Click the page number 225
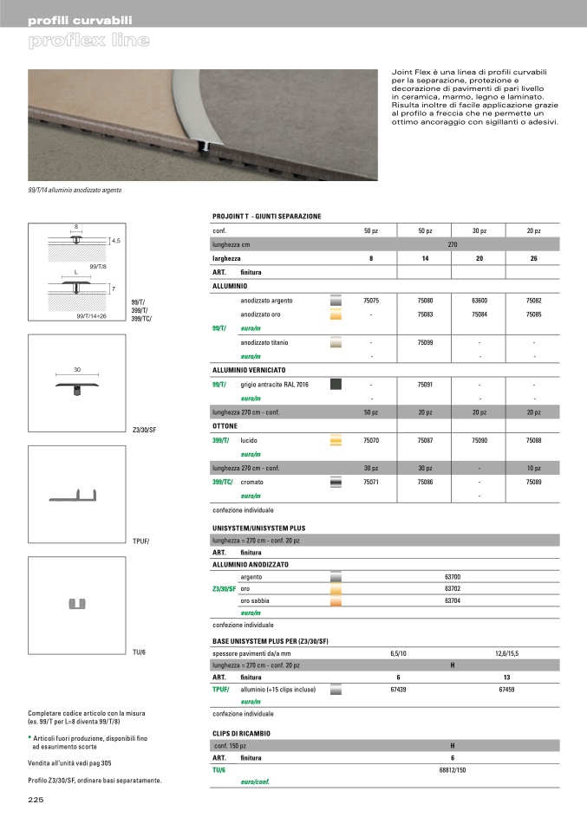[x=36, y=800]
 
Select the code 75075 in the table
[x=371, y=300]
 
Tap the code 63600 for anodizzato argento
[x=479, y=300]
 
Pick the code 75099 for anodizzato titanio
[x=425, y=343]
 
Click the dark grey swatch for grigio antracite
[x=337, y=384]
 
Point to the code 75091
[x=425, y=384]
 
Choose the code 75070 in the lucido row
[x=371, y=441]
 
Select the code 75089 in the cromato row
[x=533, y=481]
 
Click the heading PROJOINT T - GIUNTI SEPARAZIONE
[x=266, y=216]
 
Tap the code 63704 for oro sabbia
[x=452, y=600]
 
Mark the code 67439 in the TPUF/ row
[x=398, y=690]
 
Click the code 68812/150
[x=453, y=768]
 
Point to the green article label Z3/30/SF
[x=224, y=588]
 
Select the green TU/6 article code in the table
[x=218, y=768]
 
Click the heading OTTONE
[x=225, y=426]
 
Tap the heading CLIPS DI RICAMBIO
[x=241, y=732]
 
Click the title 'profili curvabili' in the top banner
[x=80, y=19]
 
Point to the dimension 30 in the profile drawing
[x=77, y=370]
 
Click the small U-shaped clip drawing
[x=77, y=603]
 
